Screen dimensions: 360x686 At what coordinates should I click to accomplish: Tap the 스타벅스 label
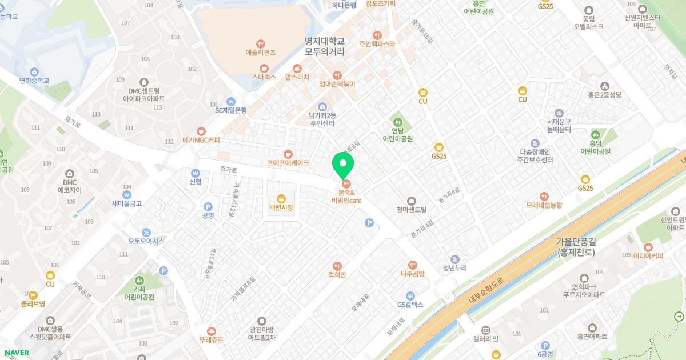click(x=264, y=77)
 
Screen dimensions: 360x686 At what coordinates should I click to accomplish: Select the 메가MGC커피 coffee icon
click(x=201, y=131)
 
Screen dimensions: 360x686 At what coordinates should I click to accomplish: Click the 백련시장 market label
click(x=281, y=207)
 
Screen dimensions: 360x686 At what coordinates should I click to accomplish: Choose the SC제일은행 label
click(x=231, y=110)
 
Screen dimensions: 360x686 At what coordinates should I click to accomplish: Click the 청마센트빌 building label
click(x=412, y=210)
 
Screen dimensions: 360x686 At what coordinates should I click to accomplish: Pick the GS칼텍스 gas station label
click(x=410, y=305)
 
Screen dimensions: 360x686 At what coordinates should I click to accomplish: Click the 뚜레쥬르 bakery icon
click(x=212, y=331)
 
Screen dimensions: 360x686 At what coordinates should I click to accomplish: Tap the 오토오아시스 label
click(x=146, y=241)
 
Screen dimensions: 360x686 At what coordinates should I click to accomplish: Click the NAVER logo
click(x=17, y=353)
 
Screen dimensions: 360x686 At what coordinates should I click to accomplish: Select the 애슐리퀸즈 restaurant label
click(x=260, y=53)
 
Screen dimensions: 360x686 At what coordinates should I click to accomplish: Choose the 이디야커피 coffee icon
click(x=648, y=247)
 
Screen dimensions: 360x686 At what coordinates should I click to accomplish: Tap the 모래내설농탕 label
click(x=544, y=205)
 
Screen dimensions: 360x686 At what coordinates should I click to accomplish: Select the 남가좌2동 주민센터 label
click(x=322, y=119)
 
